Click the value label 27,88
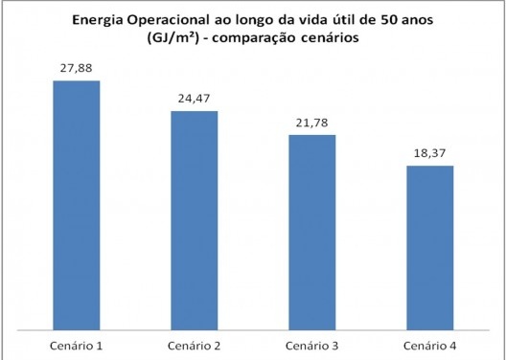point(76,68)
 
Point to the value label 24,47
point(194,99)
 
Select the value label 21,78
point(311,123)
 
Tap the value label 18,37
point(429,153)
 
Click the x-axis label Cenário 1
point(76,342)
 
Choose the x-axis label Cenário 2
point(194,342)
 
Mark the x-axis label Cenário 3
point(311,342)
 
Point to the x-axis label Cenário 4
point(429,342)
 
